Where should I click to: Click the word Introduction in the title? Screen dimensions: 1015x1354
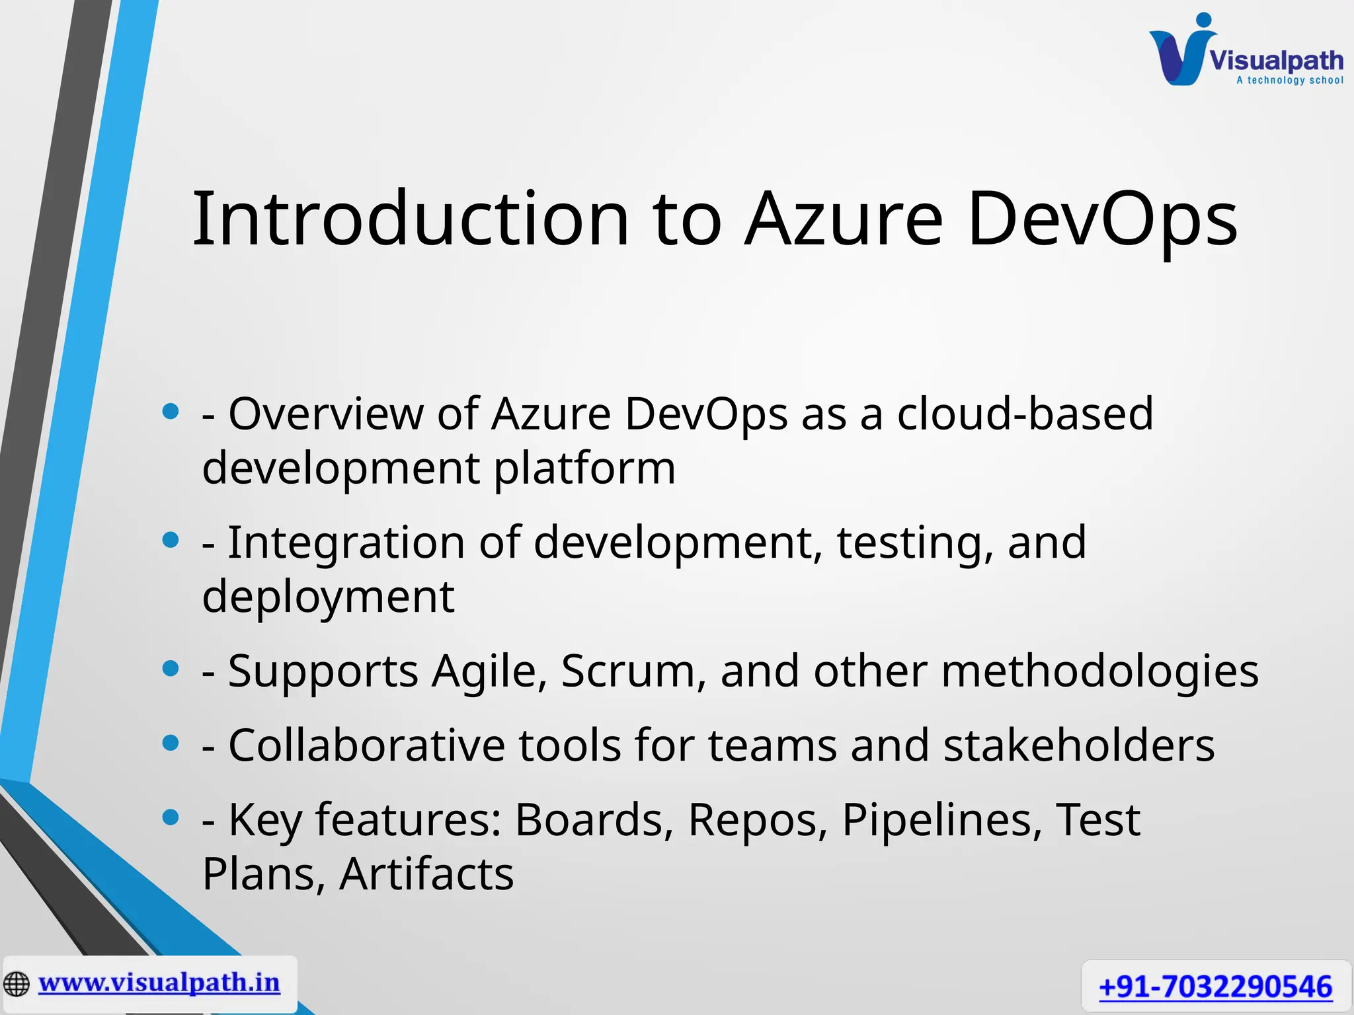coord(410,219)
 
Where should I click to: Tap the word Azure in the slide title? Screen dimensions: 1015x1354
coord(843,219)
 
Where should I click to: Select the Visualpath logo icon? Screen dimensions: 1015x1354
coord(1180,52)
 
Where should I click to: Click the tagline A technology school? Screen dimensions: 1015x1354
coord(1289,81)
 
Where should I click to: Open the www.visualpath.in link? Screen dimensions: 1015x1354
coord(159,983)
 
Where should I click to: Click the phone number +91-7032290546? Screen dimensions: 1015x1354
coord(1215,987)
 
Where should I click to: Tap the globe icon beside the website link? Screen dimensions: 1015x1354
coord(17,984)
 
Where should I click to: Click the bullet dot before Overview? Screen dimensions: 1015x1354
coord(171,412)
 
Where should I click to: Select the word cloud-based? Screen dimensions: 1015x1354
coord(1025,414)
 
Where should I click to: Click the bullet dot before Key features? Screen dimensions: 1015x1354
coord(171,818)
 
